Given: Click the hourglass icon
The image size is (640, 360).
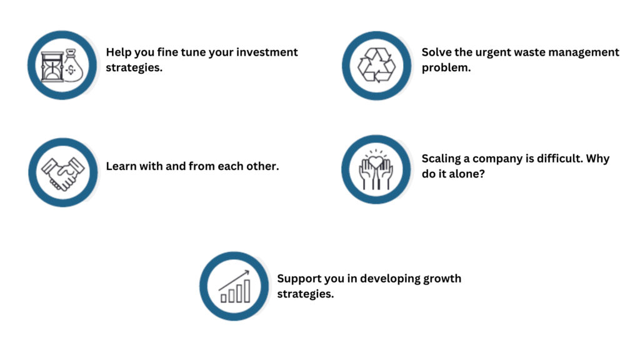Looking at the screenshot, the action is click(x=52, y=66).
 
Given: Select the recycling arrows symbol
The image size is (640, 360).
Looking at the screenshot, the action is click(x=376, y=65).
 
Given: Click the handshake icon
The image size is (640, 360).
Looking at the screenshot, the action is click(x=63, y=173).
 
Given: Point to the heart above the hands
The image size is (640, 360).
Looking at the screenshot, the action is click(x=376, y=162).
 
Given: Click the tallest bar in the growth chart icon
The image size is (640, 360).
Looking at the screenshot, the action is click(x=246, y=291).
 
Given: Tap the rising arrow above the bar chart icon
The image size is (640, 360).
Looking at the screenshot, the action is click(x=234, y=281).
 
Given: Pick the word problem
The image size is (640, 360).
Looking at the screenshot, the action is click(x=446, y=68).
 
